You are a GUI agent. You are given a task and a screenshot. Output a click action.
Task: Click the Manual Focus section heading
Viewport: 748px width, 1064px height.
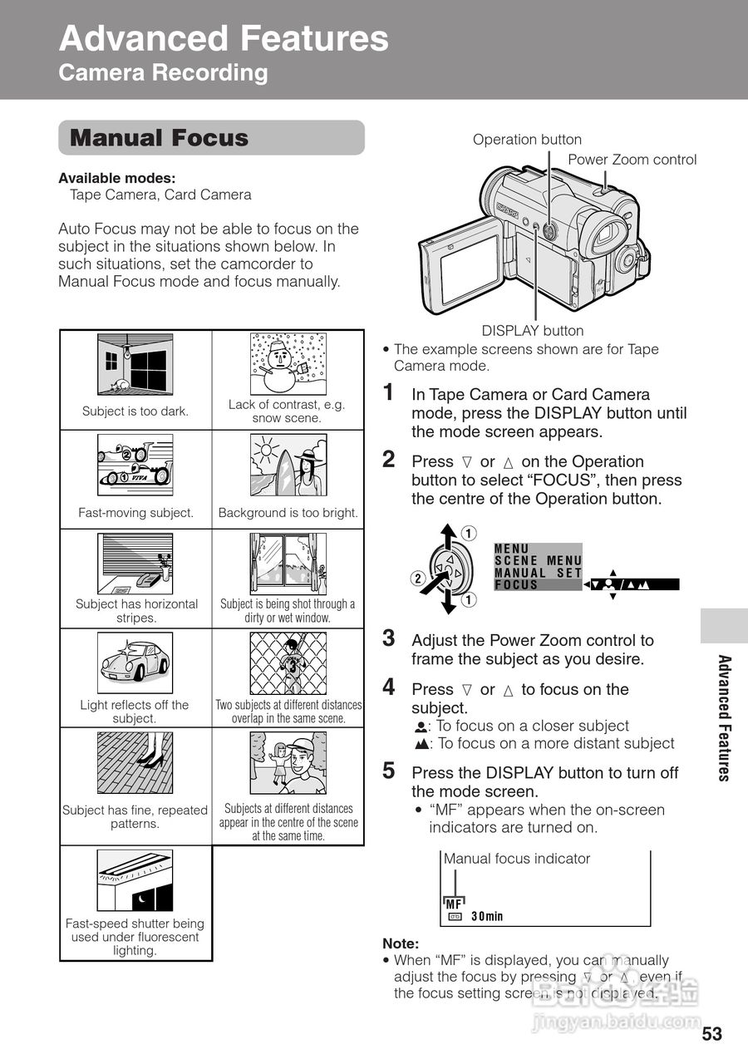pyautogui.click(x=160, y=138)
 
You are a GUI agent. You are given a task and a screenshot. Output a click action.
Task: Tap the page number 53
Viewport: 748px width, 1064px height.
pyautogui.click(x=712, y=1034)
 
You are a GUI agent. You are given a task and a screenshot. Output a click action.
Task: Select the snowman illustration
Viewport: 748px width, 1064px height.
pyautogui.click(x=286, y=364)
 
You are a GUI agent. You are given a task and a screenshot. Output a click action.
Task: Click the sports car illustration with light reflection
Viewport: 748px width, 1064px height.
pyautogui.click(x=135, y=663)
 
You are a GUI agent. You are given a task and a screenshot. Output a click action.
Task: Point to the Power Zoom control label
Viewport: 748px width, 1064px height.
pyautogui.click(x=632, y=160)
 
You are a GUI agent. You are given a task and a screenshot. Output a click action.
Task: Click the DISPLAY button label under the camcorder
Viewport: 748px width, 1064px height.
pyautogui.click(x=533, y=331)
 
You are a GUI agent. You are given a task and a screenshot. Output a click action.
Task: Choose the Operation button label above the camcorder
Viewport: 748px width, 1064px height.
pyautogui.click(x=527, y=140)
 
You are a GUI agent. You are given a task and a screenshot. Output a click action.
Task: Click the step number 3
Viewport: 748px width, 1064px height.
pyautogui.click(x=388, y=639)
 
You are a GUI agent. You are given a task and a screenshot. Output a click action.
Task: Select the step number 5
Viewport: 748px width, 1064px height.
pyautogui.click(x=388, y=771)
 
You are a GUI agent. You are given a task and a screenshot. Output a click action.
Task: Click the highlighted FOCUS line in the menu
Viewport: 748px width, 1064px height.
pyautogui.click(x=537, y=584)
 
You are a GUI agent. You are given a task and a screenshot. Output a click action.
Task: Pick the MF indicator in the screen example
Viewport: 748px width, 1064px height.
pyautogui.click(x=454, y=904)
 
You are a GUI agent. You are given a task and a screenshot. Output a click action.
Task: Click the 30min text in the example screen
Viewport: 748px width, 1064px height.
pyautogui.click(x=487, y=917)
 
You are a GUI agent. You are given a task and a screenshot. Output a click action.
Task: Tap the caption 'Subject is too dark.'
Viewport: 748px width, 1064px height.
pyautogui.click(x=135, y=411)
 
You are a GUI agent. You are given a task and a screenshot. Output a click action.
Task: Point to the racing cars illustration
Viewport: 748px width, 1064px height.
pyautogui.click(x=135, y=464)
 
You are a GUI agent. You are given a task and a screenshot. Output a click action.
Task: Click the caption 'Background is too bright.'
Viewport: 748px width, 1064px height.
pyautogui.click(x=288, y=513)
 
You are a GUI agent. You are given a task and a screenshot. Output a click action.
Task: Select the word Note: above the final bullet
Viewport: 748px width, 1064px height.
pyautogui.click(x=401, y=943)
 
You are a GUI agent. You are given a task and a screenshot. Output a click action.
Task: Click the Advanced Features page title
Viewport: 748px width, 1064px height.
pyautogui.click(x=224, y=39)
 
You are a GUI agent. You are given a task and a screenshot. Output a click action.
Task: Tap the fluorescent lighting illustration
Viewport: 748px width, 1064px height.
pyautogui.click(x=135, y=880)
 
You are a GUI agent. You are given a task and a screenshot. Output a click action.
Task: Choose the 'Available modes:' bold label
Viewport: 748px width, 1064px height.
pyautogui.click(x=116, y=178)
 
